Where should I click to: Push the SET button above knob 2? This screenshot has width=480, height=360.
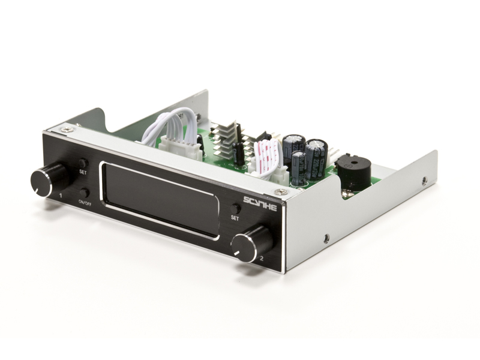(x=235, y=208)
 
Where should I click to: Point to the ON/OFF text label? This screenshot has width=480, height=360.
(x=85, y=203)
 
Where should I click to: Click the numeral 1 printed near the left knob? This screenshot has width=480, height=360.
(x=61, y=196)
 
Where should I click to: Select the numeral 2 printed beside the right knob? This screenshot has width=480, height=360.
(x=261, y=259)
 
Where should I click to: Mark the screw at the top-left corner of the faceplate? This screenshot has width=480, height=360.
(x=67, y=129)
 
